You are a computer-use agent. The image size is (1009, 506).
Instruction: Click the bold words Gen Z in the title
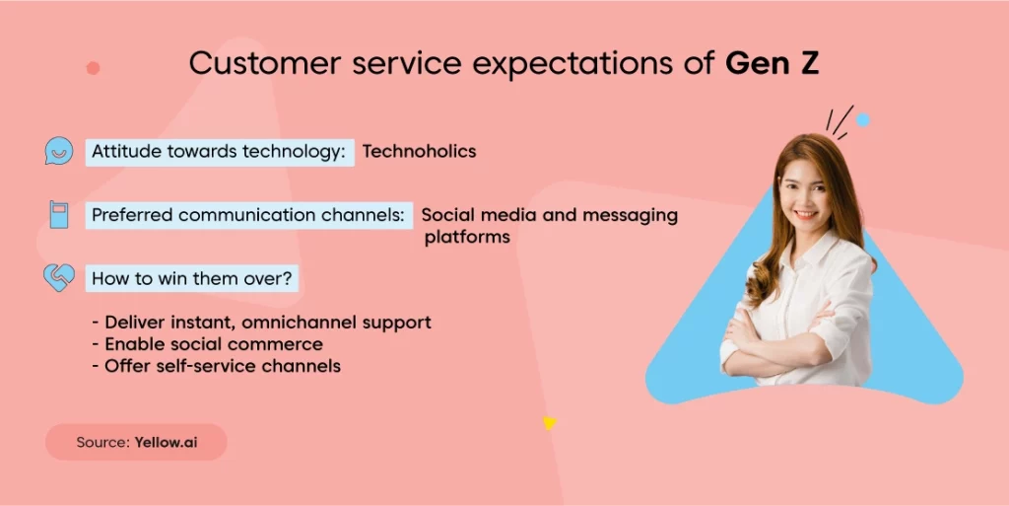point(772,63)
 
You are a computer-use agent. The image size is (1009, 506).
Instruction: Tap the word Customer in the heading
point(264,63)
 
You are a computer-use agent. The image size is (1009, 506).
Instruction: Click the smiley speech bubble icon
point(58,151)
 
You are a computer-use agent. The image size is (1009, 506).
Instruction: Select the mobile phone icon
point(58,214)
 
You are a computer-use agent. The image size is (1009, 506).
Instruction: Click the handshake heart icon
point(59,277)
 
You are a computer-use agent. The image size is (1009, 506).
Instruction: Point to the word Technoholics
point(419,151)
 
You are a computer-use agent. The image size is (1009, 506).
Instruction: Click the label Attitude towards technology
point(220,152)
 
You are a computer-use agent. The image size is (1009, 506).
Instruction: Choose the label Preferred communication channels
point(249,215)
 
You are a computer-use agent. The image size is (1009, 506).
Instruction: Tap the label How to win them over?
point(192,279)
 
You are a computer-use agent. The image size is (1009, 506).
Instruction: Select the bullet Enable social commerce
point(208,344)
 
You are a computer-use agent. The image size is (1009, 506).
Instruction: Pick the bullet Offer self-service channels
point(217,366)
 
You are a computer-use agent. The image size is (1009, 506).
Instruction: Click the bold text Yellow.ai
point(166,442)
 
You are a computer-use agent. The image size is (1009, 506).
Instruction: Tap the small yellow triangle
point(549,422)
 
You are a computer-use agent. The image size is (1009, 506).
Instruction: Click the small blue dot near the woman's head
point(863,119)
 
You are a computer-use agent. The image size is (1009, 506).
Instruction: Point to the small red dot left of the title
point(94,68)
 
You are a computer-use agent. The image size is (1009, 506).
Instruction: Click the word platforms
point(467,238)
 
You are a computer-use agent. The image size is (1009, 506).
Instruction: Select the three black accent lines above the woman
point(840,122)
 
